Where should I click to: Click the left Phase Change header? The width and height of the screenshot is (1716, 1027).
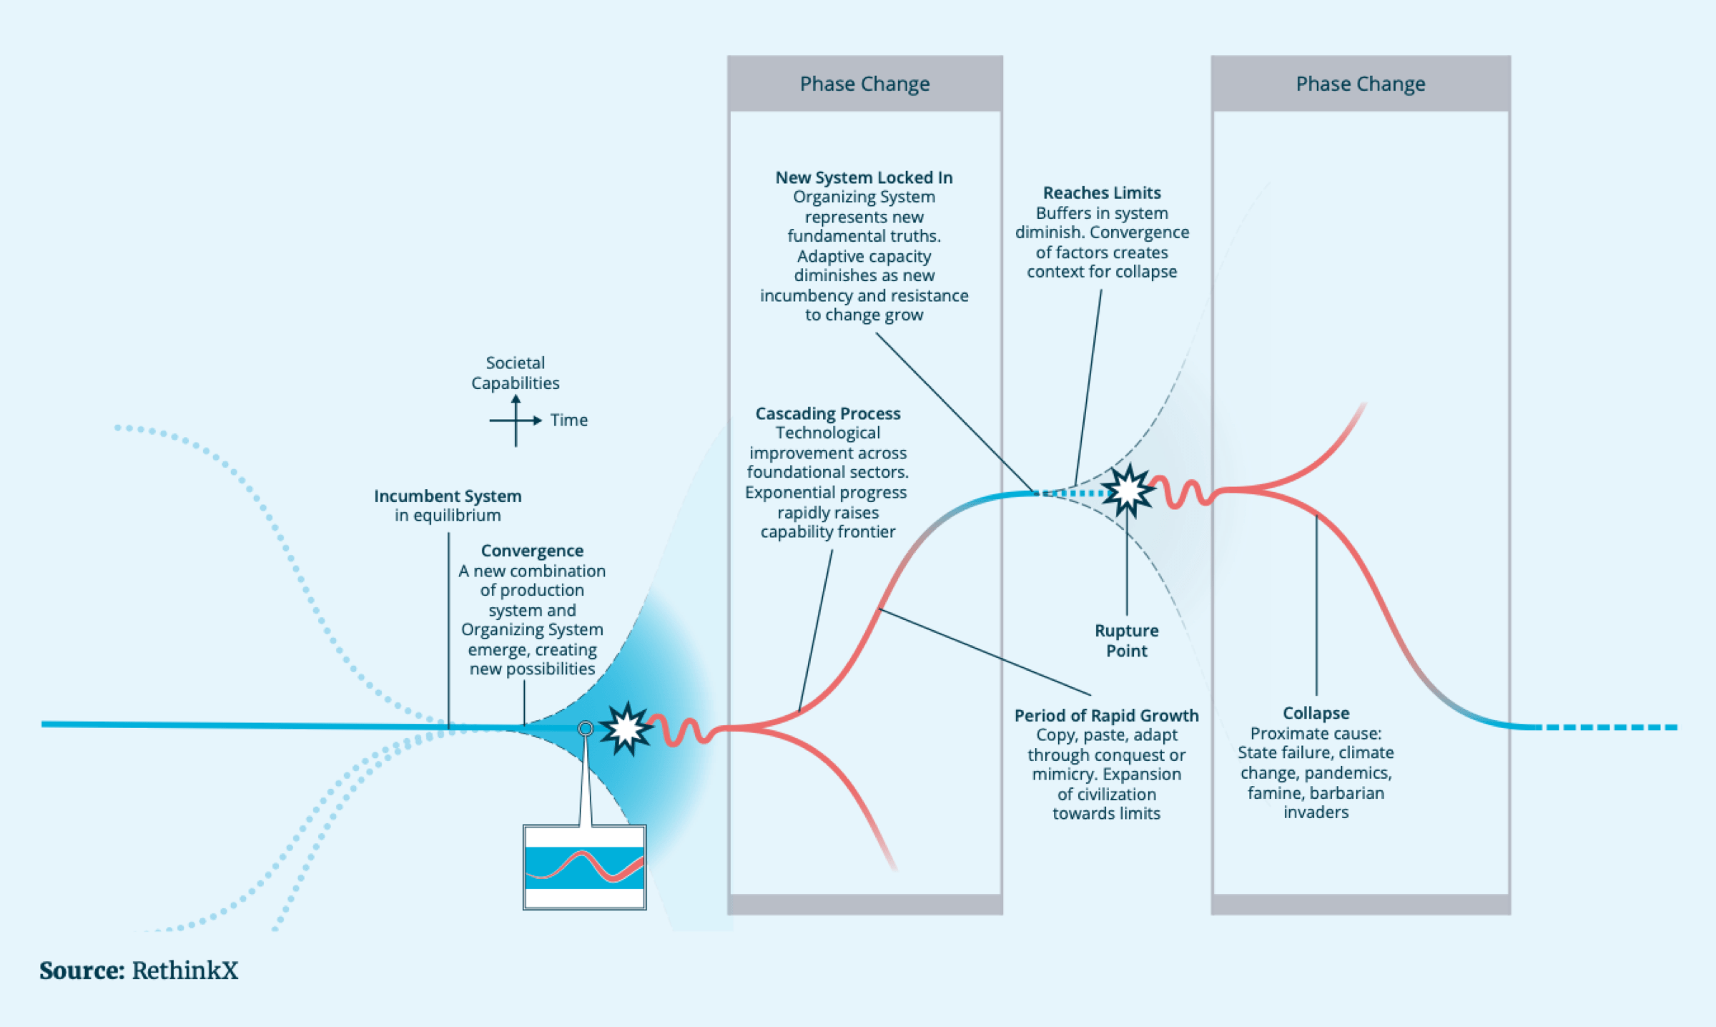864,84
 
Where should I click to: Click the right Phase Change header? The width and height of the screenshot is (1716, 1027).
1360,84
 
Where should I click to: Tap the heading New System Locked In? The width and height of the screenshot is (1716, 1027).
864,177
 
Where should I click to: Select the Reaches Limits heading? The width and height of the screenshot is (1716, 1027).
1102,192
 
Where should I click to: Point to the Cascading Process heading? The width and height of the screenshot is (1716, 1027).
828,413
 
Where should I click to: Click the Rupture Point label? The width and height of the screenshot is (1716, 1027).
1127,641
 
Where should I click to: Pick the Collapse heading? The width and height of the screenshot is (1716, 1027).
1316,713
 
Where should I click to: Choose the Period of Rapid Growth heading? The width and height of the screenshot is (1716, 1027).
1106,715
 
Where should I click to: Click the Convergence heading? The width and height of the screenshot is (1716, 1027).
532,551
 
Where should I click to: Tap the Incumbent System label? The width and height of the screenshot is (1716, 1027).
448,496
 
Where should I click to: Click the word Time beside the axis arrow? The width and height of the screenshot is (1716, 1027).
569,421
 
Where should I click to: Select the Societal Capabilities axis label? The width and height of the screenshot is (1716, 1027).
515,373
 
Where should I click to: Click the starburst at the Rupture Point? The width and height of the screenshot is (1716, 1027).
1128,491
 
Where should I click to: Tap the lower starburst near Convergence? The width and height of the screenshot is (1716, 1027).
626,728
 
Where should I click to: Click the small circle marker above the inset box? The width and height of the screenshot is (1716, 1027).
586,728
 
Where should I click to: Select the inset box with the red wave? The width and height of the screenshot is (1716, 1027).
584,867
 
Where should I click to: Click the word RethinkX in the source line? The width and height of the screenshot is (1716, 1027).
184,971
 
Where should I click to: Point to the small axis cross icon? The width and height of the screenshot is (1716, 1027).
516,421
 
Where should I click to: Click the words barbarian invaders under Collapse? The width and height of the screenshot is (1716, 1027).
1316,802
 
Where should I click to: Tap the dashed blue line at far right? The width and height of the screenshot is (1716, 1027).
1609,727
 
